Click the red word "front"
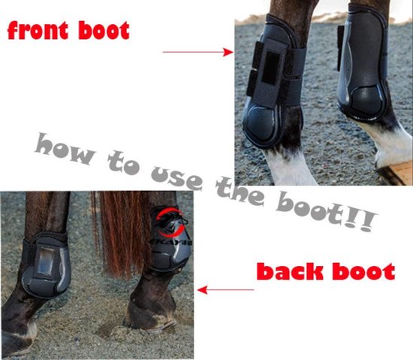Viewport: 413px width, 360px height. (38, 30)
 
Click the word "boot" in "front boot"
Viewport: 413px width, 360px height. (104, 30)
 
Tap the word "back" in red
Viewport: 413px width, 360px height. (290, 271)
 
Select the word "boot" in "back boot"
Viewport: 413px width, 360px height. (363, 271)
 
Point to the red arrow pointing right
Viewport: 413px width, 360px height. (197, 52)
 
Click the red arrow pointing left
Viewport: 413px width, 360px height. (226, 290)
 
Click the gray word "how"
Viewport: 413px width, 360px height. (65, 148)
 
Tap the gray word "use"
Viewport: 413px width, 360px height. (177, 178)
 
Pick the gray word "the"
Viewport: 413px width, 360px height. (240, 192)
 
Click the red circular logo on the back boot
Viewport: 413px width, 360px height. (170, 222)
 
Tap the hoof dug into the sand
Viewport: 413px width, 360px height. (150, 317)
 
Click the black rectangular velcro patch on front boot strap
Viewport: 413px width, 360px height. (270, 68)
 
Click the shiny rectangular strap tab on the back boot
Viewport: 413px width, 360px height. (46, 262)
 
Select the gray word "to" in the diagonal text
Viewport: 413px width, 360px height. (123, 162)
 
